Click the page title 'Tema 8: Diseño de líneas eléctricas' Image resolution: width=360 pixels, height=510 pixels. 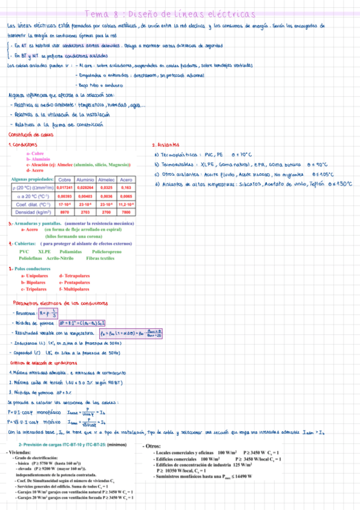171,14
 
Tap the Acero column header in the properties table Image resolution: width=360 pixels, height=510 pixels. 126,163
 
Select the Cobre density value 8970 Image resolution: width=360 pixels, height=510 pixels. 64,195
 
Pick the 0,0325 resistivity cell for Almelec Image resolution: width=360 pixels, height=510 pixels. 106,171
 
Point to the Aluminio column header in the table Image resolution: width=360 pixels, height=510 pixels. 85,163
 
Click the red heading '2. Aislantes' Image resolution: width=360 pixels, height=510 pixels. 165,144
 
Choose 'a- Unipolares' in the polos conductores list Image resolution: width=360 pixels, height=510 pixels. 35,275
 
